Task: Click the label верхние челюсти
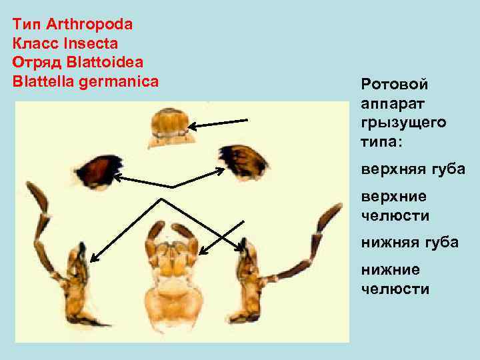tap(395, 206)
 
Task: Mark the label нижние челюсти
tap(395, 279)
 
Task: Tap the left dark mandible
tap(100, 171)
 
